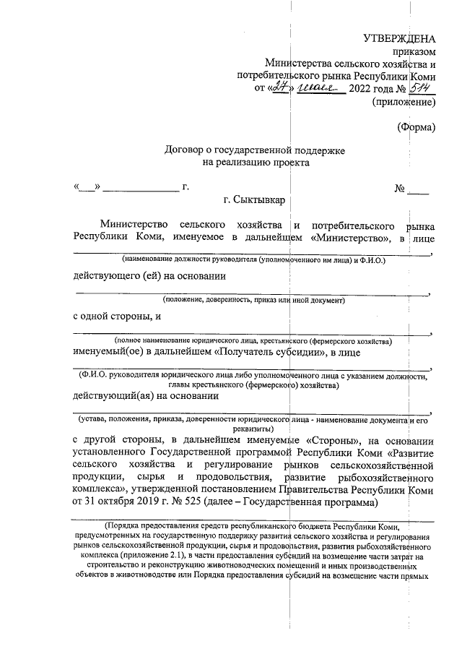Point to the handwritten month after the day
click(317, 88)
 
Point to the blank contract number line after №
click(418, 190)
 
